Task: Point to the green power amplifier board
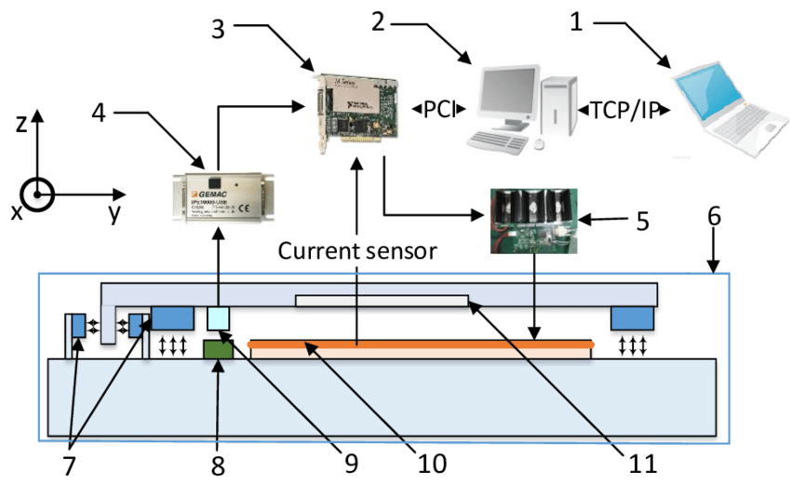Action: (x=530, y=221)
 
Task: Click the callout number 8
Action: (x=220, y=465)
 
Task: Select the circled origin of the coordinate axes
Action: (x=37, y=195)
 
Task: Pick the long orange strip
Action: (x=421, y=344)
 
